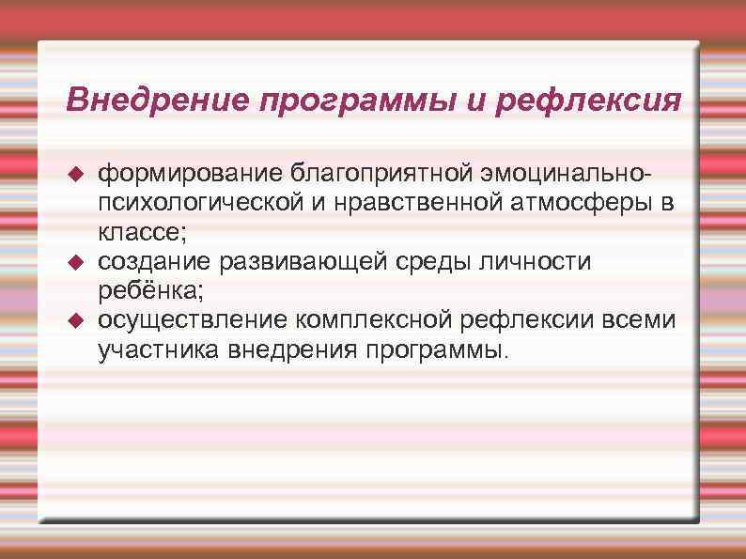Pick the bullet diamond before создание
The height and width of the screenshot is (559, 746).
click(78, 259)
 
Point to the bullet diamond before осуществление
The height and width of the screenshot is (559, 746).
click(78, 320)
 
